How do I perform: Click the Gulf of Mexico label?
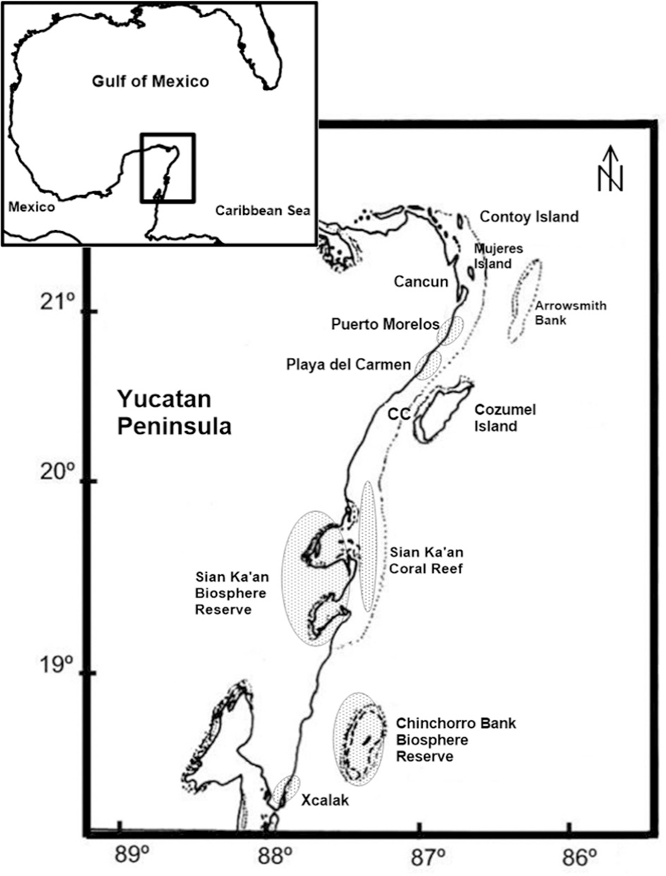point(151,81)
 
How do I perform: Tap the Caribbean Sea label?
point(262,210)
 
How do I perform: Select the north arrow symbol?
point(610,169)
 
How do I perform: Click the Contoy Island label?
point(529,217)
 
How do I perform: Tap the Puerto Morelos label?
point(385,325)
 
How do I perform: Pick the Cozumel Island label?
point(506,418)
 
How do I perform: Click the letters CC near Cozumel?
point(398,415)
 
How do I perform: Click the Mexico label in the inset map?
point(31,207)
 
